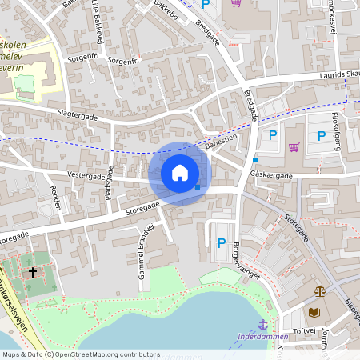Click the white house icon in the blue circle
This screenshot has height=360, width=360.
point(179,173)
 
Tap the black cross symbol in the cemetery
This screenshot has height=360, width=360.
point(33,273)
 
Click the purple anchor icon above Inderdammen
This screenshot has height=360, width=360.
point(262,324)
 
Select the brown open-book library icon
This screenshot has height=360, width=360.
point(313,312)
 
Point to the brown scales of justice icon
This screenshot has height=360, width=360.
point(321,292)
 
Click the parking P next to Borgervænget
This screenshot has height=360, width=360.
point(222,243)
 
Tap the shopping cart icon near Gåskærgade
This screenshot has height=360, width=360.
point(294,146)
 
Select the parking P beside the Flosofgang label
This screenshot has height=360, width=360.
point(321,136)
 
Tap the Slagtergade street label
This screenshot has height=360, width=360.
point(78,115)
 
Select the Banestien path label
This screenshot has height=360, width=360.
point(221,142)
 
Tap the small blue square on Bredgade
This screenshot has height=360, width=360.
point(254,160)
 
